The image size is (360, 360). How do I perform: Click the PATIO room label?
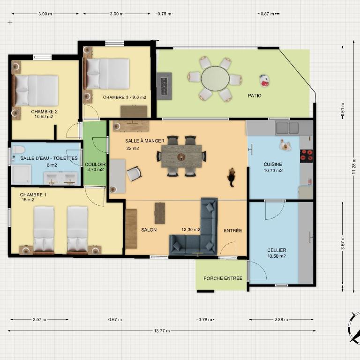(255, 96)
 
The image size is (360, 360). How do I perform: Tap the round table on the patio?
(215, 79)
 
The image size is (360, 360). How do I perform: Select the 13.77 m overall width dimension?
(162, 331)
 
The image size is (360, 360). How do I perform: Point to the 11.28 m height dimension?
(354, 166)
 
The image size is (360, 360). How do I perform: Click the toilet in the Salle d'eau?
(18, 150)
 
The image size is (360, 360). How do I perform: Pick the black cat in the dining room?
(232, 176)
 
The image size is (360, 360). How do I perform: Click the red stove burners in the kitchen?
(306, 156)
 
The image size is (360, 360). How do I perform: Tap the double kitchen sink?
(287, 128)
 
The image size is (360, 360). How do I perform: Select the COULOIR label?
(95, 165)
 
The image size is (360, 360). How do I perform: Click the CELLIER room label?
(277, 250)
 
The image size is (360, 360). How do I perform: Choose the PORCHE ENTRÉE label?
(223, 278)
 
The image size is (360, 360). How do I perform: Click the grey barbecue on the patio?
(164, 86)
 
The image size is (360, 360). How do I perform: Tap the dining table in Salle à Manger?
(181, 157)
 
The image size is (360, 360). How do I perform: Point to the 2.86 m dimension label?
(281, 319)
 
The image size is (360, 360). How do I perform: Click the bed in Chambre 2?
(35, 90)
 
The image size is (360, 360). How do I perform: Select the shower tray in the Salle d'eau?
(21, 174)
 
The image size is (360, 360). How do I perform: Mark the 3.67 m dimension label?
(343, 243)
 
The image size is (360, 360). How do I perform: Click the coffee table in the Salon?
(159, 213)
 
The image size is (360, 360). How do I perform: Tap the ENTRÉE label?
(233, 231)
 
